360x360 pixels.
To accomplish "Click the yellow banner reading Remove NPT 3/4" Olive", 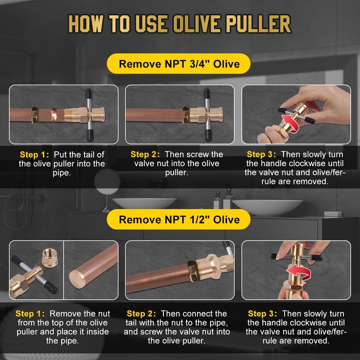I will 179,64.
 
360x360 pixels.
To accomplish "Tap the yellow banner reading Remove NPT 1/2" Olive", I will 179,219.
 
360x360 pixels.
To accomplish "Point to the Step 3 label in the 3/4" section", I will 262,154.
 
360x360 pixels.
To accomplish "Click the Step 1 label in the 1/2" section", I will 31,313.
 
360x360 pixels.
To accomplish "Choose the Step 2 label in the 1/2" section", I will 142,313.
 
